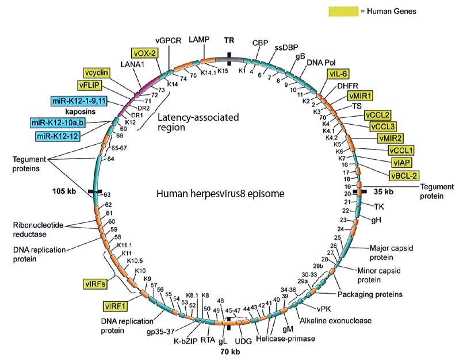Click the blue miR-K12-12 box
pos(58,136)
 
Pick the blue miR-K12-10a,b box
pos(58,122)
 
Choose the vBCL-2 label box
pos(403,174)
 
